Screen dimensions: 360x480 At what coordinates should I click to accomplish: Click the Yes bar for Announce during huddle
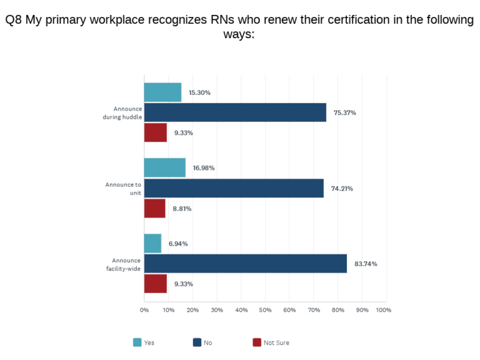tap(162, 92)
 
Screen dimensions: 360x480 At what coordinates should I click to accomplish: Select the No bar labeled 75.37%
tap(235, 112)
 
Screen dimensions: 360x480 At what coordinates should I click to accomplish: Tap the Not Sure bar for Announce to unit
tap(154, 208)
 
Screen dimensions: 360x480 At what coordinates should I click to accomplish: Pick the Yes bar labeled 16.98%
tap(164, 167)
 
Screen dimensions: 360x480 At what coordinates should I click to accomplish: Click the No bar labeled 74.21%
tap(234, 188)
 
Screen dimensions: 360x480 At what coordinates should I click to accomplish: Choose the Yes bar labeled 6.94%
tap(152, 243)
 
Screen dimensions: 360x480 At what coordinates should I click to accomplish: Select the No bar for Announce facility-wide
tap(245, 264)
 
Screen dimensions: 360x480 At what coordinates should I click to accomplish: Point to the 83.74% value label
tap(366, 264)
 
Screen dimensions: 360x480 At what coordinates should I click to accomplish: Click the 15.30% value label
tap(199, 92)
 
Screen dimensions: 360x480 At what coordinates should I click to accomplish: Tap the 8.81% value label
tap(182, 209)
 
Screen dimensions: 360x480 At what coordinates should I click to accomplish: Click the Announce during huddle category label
tap(122, 112)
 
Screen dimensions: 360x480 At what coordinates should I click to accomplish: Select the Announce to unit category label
tap(124, 188)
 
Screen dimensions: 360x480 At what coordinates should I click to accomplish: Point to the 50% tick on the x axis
tap(265, 310)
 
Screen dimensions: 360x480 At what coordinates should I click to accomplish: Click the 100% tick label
tap(383, 310)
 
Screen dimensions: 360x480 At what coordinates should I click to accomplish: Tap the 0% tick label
tap(144, 310)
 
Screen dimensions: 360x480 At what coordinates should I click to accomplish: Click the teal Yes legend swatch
tap(137, 342)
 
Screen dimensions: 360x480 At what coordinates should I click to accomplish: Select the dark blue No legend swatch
tap(197, 342)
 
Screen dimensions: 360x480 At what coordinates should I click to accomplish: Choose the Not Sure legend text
tap(276, 342)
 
